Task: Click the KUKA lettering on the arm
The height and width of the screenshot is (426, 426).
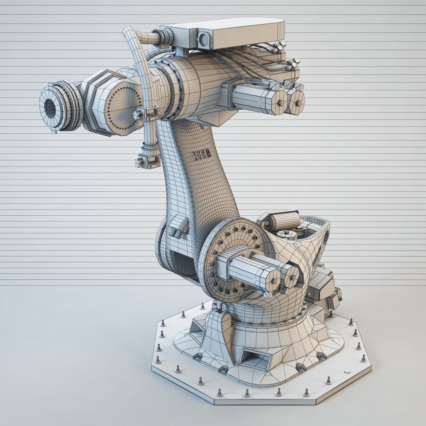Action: [201, 155]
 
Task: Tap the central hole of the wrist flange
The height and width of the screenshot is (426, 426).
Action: [50, 107]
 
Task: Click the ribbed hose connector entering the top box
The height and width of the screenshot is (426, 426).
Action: [166, 38]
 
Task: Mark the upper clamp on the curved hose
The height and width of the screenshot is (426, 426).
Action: [147, 113]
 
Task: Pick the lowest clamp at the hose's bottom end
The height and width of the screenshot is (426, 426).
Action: [146, 160]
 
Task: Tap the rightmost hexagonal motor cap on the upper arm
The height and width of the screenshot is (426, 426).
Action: [297, 103]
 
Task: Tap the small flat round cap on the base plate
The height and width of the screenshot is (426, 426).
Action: [347, 372]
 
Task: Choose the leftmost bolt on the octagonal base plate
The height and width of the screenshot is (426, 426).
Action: [158, 359]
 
